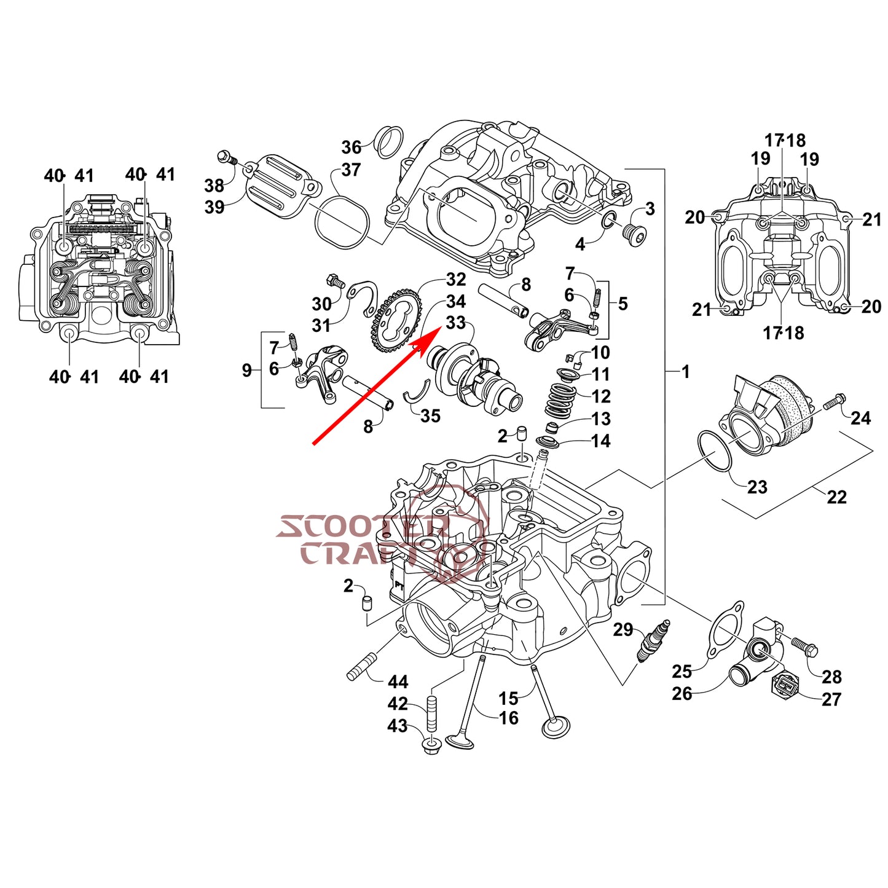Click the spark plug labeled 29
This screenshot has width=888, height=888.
pyautogui.click(x=653, y=641)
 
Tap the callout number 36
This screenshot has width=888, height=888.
pyautogui.click(x=351, y=147)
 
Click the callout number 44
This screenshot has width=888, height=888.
pyautogui.click(x=398, y=682)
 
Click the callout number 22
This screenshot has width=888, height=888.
pyautogui.click(x=836, y=497)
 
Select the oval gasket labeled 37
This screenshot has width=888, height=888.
pyautogui.click(x=342, y=218)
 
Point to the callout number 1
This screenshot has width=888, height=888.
pyautogui.click(x=685, y=372)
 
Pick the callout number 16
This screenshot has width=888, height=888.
pyautogui.click(x=508, y=718)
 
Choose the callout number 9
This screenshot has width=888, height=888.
pyautogui.click(x=246, y=371)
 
